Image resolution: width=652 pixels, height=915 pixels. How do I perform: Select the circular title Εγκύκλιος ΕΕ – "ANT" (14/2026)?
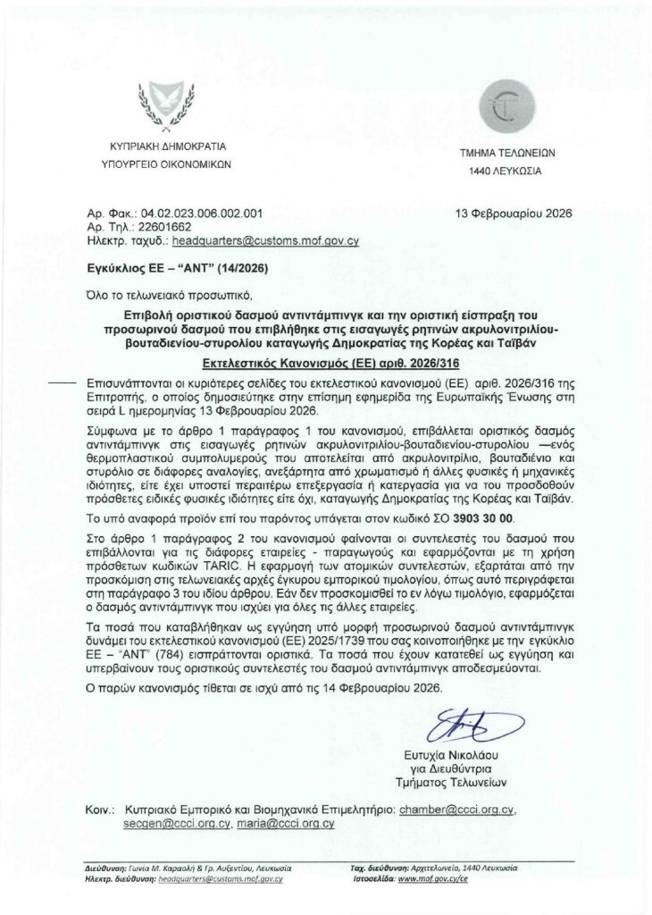[x=175, y=266]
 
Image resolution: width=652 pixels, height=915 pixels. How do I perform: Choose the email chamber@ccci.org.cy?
[x=456, y=808]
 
